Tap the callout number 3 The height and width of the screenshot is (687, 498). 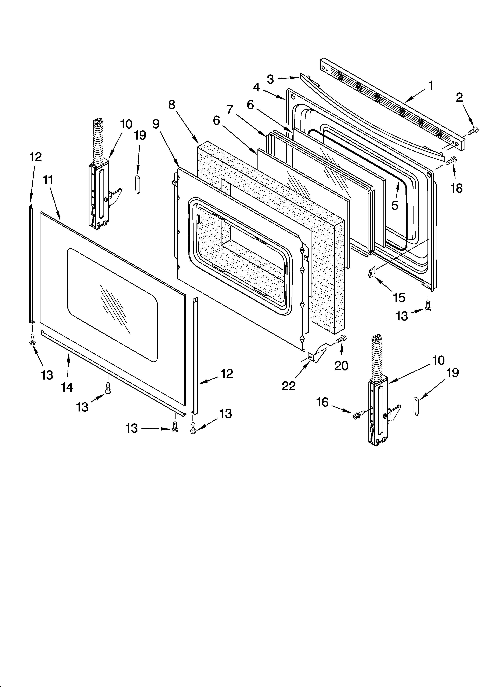[x=270, y=79]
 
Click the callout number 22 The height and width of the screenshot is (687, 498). [x=288, y=386]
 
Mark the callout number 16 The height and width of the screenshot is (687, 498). [x=322, y=402]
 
